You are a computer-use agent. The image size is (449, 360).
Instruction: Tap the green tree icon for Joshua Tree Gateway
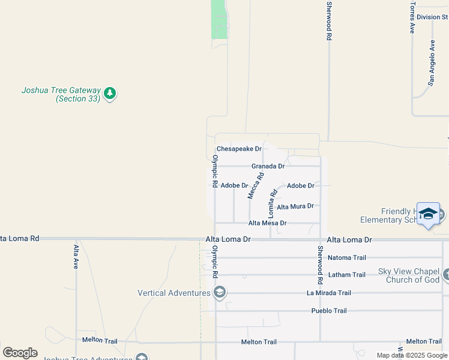(109, 93)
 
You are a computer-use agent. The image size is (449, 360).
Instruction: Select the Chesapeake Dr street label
(239, 148)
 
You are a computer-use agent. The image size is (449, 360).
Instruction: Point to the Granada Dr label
(268, 166)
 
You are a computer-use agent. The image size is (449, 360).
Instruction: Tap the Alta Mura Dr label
(295, 206)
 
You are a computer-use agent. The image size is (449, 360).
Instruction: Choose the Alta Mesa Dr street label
(267, 223)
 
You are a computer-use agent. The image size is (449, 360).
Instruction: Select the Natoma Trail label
(346, 258)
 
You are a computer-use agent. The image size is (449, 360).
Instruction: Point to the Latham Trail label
(346, 275)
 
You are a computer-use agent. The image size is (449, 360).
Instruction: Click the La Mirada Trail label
(328, 293)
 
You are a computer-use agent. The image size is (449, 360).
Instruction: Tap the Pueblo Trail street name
(329, 311)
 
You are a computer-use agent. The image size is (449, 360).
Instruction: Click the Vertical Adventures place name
(174, 293)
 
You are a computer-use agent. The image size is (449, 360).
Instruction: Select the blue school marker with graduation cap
(428, 215)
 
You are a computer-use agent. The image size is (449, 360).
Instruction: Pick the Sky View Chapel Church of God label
(409, 275)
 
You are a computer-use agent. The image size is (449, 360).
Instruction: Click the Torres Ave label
(412, 17)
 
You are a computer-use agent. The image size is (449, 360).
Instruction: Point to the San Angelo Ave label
(430, 63)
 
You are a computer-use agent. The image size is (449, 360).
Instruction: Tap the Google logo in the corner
(20, 352)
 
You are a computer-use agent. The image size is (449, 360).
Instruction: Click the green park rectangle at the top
(220, 19)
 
